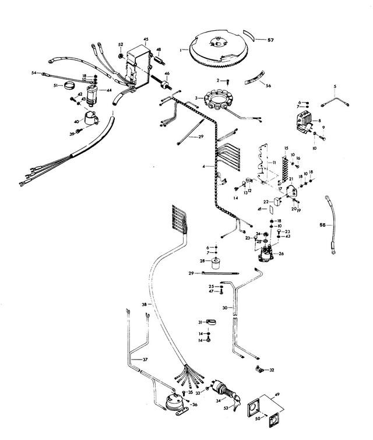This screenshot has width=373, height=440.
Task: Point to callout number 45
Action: [x=146, y=39]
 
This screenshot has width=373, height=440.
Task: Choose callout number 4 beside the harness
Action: [x=204, y=167]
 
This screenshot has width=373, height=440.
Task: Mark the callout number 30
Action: [x=224, y=308]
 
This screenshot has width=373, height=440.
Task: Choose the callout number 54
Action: [x=34, y=73]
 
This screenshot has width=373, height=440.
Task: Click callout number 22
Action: [x=265, y=201]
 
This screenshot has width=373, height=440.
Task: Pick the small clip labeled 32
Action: [x=259, y=369]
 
